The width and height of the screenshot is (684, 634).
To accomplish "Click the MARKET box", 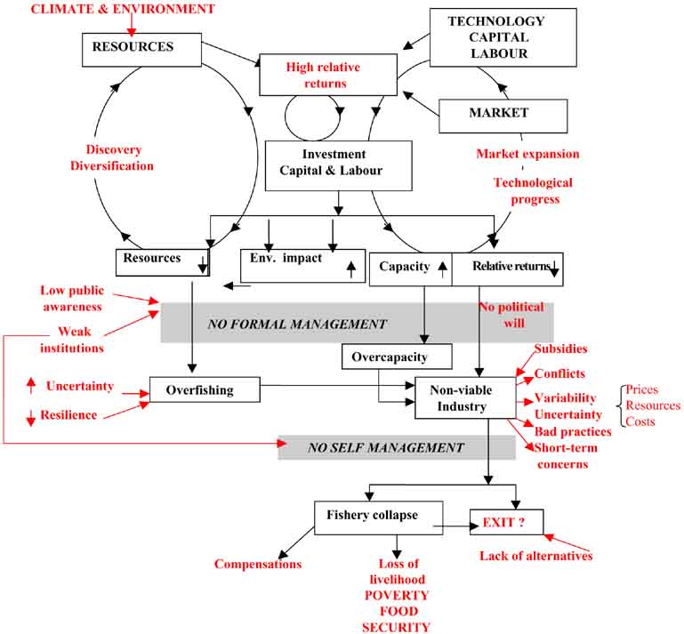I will [x=503, y=115].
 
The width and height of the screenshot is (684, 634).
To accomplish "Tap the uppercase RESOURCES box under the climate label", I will [x=134, y=50].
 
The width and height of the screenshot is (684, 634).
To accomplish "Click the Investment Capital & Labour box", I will [x=339, y=165].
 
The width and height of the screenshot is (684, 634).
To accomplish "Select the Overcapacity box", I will [x=397, y=357].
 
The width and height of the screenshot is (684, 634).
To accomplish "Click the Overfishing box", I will [x=205, y=389].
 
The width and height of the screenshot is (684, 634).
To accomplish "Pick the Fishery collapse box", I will [x=378, y=516].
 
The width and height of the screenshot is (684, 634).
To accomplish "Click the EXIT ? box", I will [x=506, y=521].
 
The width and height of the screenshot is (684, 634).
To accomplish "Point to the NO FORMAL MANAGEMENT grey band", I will [x=356, y=324].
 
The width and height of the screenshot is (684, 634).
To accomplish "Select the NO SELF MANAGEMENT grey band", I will [x=397, y=447].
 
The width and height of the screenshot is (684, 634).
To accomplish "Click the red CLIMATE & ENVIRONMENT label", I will [x=123, y=9].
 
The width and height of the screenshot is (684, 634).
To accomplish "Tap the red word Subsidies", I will [x=560, y=349].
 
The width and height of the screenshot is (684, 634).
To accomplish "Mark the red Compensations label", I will [x=258, y=564].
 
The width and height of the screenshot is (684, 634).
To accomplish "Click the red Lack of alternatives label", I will [x=536, y=556].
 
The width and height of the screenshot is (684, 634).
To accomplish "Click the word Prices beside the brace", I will [x=642, y=389].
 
